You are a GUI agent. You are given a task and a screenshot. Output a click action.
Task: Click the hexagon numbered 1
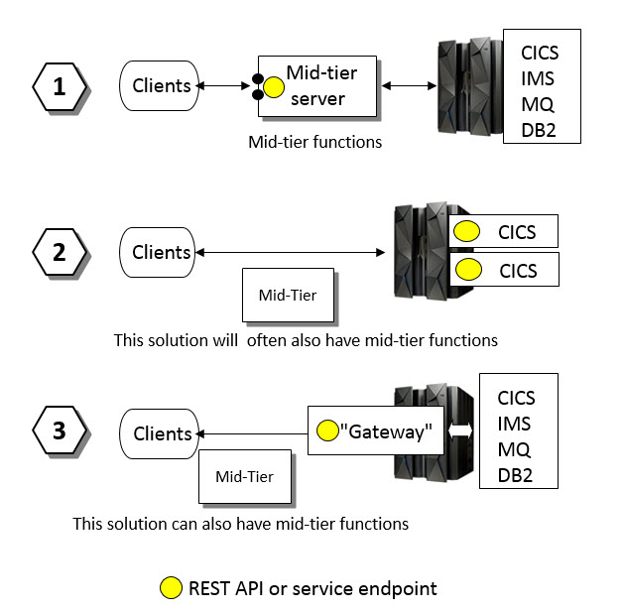pos(60,86)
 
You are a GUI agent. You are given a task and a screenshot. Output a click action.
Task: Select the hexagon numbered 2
pos(60,252)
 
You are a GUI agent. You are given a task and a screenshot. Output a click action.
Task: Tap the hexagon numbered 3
pos(60,431)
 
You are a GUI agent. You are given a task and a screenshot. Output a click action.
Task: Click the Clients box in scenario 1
pos(161,86)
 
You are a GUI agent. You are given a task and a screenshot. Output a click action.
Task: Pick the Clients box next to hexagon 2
pos(161,253)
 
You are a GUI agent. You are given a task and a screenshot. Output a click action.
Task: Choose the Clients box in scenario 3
pos(161,433)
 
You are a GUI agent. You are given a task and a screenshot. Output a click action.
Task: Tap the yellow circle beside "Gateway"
pos(326,431)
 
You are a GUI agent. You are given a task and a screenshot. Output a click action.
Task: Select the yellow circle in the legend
pos(171,588)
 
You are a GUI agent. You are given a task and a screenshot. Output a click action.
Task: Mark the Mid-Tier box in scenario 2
pos(288,295)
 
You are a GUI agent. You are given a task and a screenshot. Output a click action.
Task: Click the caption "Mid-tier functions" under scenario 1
pos(314,142)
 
